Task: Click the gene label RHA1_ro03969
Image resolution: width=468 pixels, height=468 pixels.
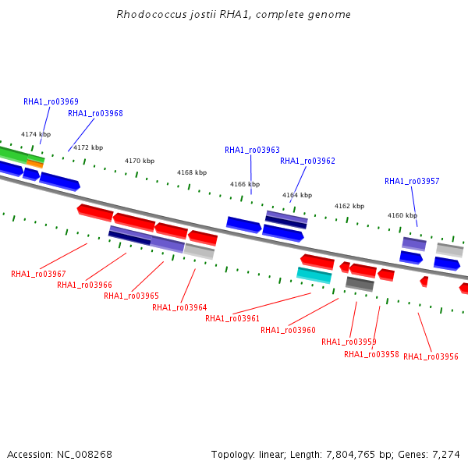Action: (x=51, y=101)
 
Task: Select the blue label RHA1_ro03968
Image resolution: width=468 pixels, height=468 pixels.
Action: (x=95, y=113)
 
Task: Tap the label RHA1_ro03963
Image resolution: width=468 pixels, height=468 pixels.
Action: (x=252, y=150)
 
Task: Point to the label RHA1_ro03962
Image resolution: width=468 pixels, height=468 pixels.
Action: (x=308, y=161)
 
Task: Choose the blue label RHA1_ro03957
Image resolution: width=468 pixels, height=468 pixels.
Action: (x=412, y=181)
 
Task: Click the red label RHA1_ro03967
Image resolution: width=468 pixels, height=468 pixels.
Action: (x=38, y=274)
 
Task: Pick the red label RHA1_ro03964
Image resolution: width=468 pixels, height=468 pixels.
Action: (x=179, y=307)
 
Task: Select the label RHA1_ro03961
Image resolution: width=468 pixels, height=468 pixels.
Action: (x=232, y=318)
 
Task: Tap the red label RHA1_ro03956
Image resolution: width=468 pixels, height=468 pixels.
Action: (x=431, y=356)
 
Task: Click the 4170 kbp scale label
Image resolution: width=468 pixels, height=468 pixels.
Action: (x=140, y=161)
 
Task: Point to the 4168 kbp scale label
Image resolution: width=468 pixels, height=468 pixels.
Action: (x=192, y=172)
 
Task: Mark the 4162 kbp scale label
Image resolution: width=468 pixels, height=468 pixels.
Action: (x=349, y=206)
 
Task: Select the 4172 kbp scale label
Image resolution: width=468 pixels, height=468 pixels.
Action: (x=88, y=147)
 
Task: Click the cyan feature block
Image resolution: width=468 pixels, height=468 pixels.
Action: (x=314, y=275)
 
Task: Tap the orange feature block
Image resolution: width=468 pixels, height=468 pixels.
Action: (x=35, y=164)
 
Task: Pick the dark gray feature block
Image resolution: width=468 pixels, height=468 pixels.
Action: (x=360, y=284)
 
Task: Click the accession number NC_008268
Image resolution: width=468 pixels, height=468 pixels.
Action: (x=84, y=455)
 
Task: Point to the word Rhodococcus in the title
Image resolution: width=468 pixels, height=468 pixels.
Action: (x=151, y=14)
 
